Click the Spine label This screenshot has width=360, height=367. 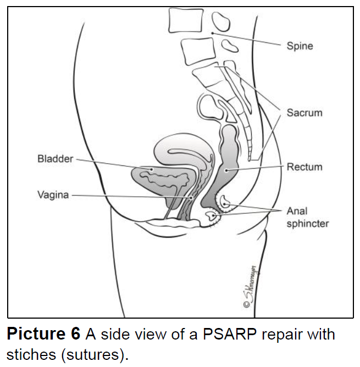300,46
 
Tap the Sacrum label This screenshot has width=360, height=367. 304,113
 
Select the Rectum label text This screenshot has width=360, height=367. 304,166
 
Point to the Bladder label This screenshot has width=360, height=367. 55,159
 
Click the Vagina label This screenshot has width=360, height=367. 53,194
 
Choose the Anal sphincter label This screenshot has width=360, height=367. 307,217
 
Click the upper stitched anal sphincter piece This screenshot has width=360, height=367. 226,203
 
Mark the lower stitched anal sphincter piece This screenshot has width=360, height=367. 211,218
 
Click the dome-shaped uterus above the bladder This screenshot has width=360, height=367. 181,148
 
